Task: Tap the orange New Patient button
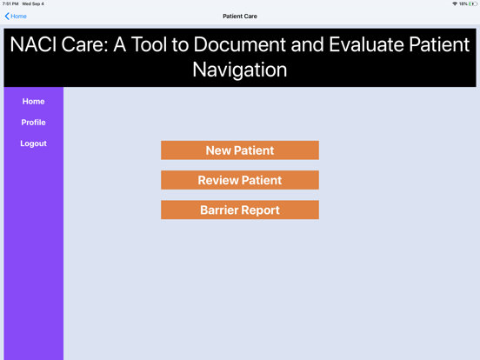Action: click(x=239, y=150)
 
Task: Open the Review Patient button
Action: click(x=239, y=180)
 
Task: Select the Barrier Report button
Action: click(x=239, y=210)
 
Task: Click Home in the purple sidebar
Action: click(x=33, y=102)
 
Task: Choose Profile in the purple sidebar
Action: click(x=33, y=123)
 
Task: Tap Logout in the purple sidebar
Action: click(x=33, y=143)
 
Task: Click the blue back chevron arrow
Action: click(x=7, y=17)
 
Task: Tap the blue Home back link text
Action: click(x=18, y=17)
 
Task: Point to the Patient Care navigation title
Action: click(x=240, y=17)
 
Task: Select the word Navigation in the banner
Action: click(x=240, y=69)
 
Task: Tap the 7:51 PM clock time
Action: click(x=10, y=4)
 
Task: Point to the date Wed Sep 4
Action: click(x=32, y=4)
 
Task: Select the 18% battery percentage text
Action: click(x=463, y=4)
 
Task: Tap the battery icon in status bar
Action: click(x=473, y=4)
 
